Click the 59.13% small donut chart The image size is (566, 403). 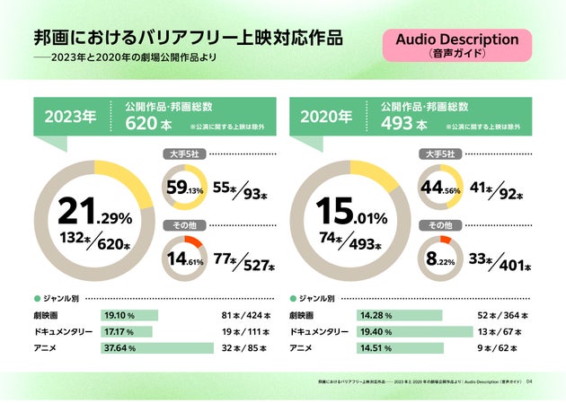point(185,189)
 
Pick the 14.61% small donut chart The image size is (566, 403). point(185,260)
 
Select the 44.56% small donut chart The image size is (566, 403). point(441,189)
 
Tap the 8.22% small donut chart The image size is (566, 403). point(441,260)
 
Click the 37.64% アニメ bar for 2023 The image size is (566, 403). point(157,347)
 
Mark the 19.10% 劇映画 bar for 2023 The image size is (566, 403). point(130,315)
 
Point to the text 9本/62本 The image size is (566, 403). point(503,347)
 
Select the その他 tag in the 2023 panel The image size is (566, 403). point(183,225)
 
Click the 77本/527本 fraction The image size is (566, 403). point(244,262)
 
